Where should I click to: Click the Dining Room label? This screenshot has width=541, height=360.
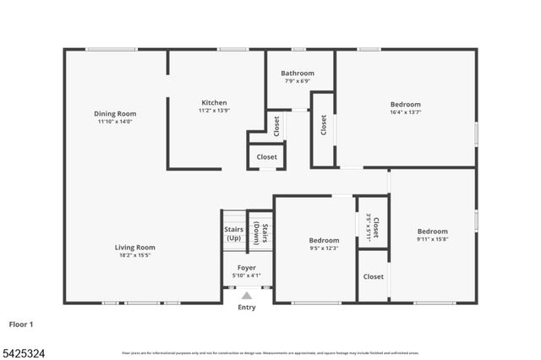pos(115,113)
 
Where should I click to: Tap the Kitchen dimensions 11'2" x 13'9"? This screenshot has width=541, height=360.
pos(214,110)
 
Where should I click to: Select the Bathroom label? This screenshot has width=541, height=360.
pos(298,74)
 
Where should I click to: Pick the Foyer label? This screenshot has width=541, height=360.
pos(246,267)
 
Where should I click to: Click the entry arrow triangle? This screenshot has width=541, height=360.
pos(246,296)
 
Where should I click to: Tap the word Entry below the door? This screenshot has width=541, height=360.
pos(246,308)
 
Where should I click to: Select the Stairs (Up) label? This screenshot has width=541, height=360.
pos(234,233)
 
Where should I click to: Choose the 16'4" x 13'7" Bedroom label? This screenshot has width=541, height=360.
pos(406,105)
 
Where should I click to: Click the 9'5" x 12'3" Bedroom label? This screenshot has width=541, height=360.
pos(324,240)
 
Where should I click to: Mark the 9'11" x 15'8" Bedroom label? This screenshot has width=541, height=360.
pos(432,232)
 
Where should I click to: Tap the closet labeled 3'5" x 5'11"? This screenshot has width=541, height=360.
pos(373,227)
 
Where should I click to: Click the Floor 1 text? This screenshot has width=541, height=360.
pos(21,324)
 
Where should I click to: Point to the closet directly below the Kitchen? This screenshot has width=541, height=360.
pos(267,156)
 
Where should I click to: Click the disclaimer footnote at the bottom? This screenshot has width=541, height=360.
pos(270,353)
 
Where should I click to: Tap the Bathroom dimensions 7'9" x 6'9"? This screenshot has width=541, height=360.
pos(298,81)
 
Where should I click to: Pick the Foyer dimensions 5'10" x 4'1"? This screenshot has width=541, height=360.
pos(246,275)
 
